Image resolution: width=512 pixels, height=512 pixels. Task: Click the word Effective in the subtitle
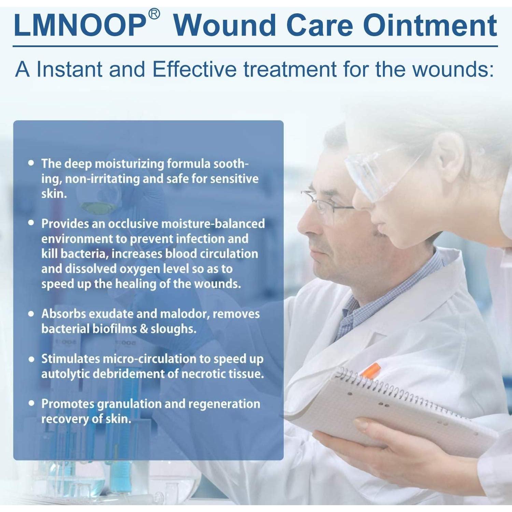[194, 69]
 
